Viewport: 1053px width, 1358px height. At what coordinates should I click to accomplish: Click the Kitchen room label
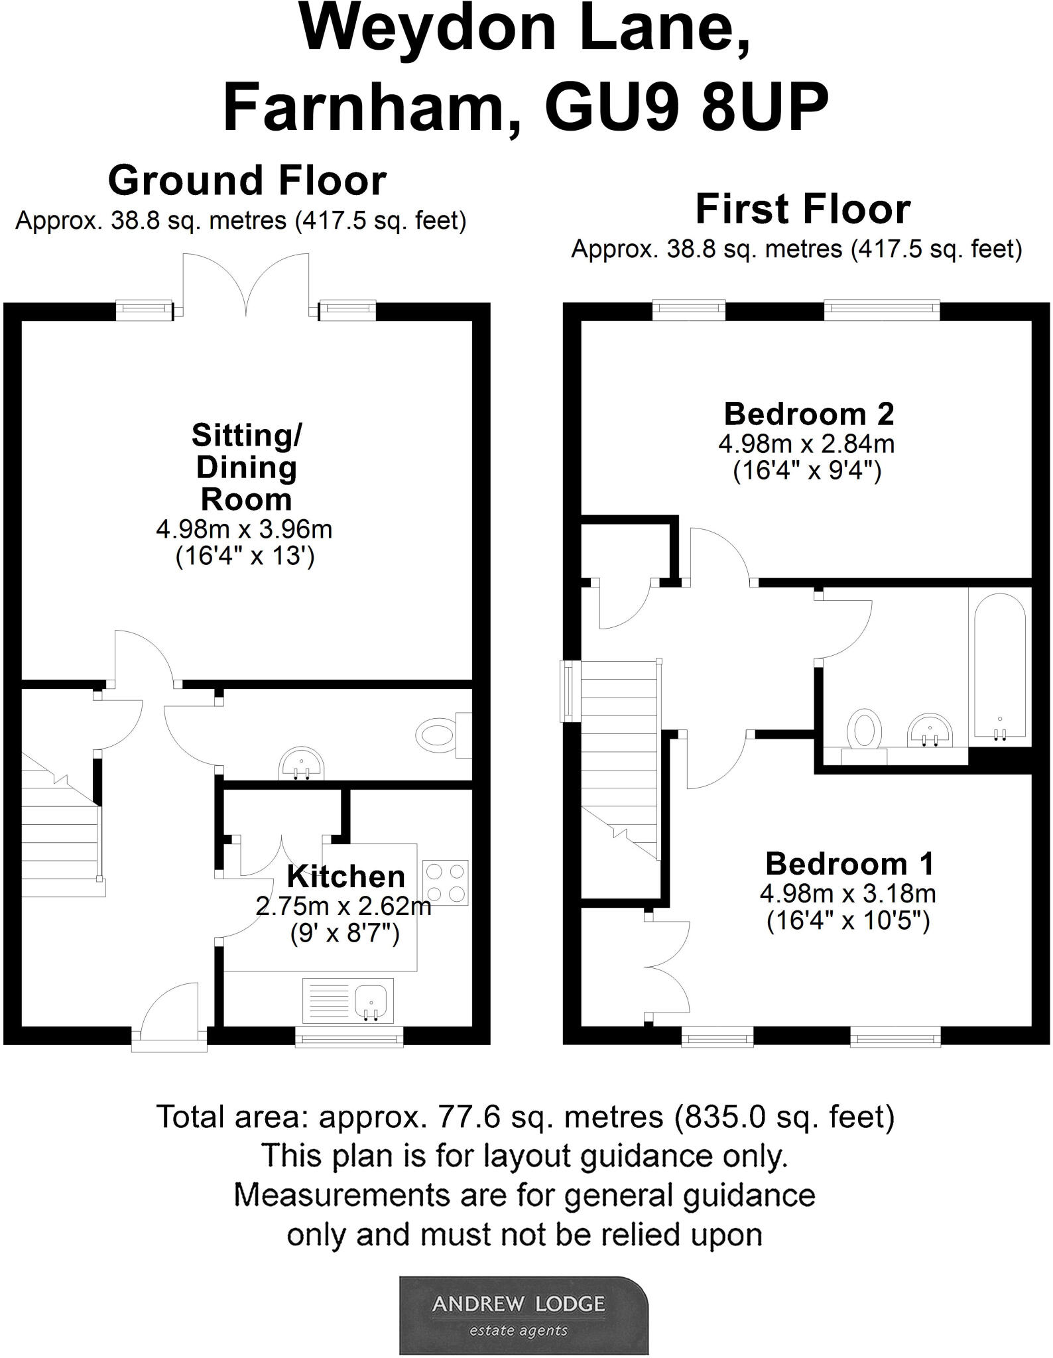coord(345,877)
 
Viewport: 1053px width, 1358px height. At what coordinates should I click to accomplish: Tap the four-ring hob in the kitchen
coord(445,883)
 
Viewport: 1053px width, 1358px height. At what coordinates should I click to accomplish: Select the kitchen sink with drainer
coord(348,1000)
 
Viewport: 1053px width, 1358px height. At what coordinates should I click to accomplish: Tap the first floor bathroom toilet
coord(864,732)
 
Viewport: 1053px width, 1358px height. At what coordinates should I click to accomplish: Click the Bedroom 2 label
coord(808,414)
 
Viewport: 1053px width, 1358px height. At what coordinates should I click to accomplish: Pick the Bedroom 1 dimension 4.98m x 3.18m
coord(847,894)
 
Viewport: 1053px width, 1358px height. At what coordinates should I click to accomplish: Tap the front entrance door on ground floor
coord(170,1013)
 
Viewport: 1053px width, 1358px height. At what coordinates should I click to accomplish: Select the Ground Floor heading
coord(247,180)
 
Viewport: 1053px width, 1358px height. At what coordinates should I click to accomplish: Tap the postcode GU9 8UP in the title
coord(686,107)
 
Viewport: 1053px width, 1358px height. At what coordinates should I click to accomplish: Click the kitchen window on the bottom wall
coord(349,1036)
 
